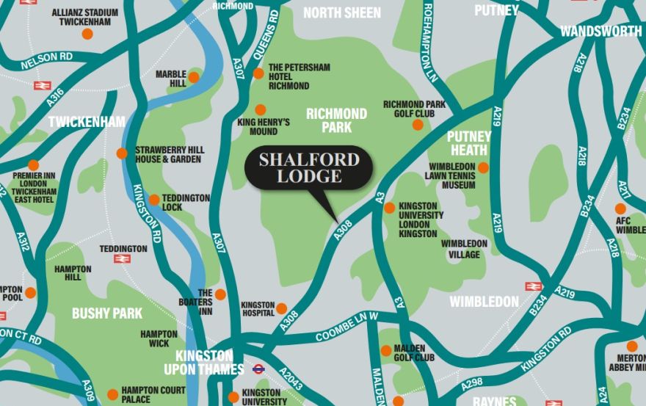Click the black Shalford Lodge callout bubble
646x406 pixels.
coord(308,168)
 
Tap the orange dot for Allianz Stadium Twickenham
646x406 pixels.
coord(87,34)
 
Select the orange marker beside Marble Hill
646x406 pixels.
coord(194,77)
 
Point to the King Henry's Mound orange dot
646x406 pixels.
coord(261,109)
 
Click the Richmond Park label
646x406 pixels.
coord(336,120)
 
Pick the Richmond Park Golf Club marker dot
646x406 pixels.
coord(418,125)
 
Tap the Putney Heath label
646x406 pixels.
coord(469,143)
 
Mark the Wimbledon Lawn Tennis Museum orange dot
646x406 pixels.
coord(483,168)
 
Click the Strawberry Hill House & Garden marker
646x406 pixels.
coord(122,153)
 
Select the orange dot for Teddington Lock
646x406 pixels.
coord(154,200)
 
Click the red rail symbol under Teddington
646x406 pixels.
coord(122,258)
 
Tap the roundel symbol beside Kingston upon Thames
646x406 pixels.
coord(258,369)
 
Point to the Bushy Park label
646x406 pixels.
coord(107,313)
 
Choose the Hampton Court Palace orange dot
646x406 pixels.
coord(112,394)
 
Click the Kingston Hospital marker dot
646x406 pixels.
coord(281,308)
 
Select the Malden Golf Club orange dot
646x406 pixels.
coord(385,351)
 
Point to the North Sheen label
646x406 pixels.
coord(342,13)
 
